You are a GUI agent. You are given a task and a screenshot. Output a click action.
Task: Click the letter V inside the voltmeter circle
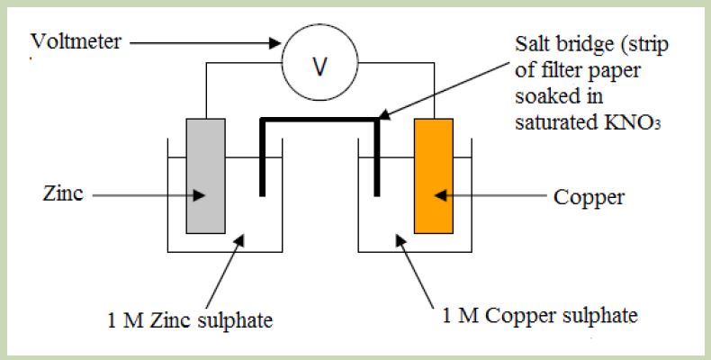click(320, 67)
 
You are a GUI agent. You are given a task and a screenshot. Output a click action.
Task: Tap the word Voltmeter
click(76, 41)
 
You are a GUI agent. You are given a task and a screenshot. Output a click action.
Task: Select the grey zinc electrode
click(206, 175)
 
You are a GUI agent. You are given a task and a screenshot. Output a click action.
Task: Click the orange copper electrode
click(434, 175)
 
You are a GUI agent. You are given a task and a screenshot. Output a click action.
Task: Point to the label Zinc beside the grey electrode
click(63, 193)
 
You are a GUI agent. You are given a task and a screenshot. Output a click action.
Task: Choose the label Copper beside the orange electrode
click(589, 198)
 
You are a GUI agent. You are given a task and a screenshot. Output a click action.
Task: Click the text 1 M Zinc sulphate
click(190, 320)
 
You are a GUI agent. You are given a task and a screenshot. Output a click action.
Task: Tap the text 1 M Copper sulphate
click(540, 315)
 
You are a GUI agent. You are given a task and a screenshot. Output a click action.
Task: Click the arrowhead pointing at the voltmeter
click(275, 43)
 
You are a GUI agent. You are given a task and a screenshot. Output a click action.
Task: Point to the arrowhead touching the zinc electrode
click(199, 195)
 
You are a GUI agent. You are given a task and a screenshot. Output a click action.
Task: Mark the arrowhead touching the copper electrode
click(441, 195)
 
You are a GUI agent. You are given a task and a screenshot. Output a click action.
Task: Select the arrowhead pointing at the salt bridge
click(384, 114)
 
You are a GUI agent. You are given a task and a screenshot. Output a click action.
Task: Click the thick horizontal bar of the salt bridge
click(319, 120)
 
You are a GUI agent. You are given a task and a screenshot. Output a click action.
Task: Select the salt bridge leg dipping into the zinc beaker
click(262, 157)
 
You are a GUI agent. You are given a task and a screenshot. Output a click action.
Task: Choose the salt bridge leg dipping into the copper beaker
click(377, 157)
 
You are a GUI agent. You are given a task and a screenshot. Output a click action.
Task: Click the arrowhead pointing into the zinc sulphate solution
click(239, 239)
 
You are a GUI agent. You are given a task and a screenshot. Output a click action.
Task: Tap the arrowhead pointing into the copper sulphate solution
click(400, 239)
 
